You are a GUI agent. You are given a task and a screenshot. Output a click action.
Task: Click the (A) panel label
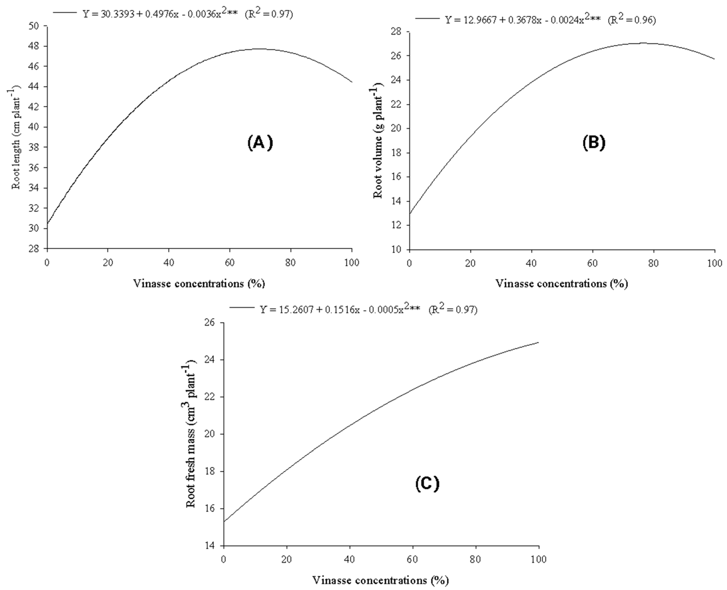click(x=260, y=143)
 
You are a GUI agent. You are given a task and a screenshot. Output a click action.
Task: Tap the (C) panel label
click(x=427, y=484)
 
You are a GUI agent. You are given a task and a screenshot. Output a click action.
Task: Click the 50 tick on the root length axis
click(x=35, y=26)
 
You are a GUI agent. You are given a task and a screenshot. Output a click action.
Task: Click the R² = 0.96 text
click(x=632, y=20)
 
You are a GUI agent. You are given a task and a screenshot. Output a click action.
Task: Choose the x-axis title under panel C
click(x=380, y=580)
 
